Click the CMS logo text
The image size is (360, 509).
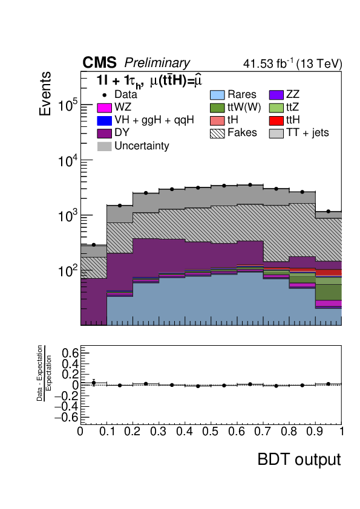99,63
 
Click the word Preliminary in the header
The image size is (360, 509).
157,63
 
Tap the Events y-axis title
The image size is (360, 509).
45,94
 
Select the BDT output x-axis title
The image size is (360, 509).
299,459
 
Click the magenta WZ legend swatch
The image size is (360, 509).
104,108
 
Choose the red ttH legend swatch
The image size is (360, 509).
276,120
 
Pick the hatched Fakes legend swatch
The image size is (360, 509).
217,133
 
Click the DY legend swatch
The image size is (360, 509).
104,133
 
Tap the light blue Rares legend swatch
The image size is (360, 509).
217,94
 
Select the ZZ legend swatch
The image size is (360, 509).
276,94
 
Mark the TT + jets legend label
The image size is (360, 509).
308,133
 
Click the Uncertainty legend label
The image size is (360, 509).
142,146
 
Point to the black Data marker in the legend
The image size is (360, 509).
104,95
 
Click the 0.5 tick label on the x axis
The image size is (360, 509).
210,432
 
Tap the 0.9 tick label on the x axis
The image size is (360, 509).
314,432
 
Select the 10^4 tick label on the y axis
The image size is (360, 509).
68,161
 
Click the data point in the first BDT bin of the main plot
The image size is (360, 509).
94,245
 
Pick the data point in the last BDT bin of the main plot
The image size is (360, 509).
329,212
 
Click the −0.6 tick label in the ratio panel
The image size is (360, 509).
67,417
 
